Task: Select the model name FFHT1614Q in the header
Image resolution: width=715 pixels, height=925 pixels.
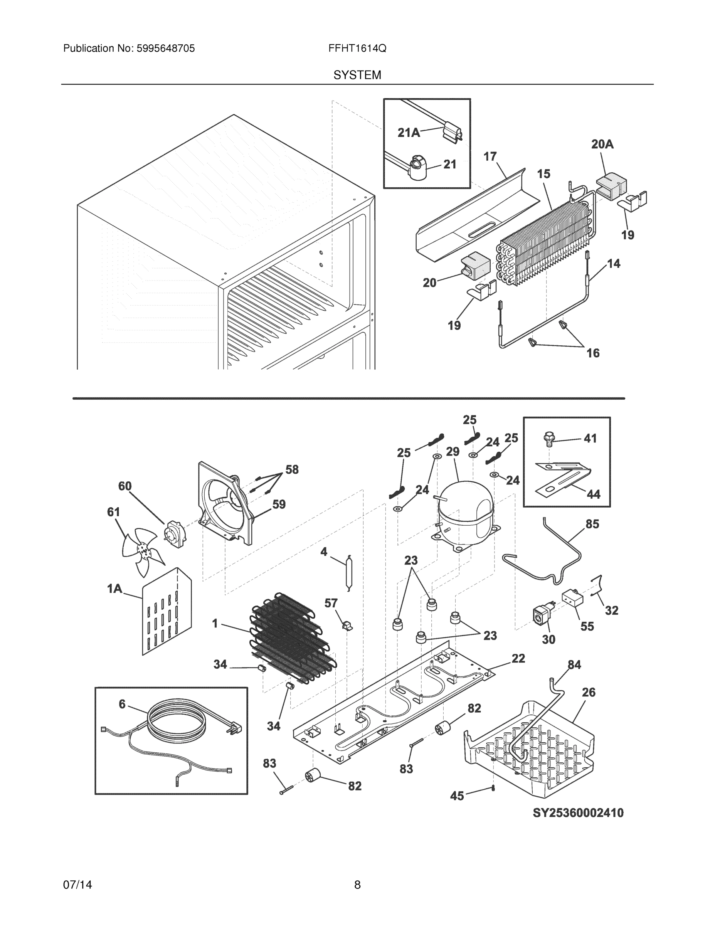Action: [x=357, y=49]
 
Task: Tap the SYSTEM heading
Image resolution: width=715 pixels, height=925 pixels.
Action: [x=357, y=75]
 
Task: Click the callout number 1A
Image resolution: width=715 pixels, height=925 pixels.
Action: [x=114, y=588]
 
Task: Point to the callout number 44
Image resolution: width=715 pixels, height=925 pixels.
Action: [x=594, y=494]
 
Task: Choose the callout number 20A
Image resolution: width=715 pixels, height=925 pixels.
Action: [x=602, y=145]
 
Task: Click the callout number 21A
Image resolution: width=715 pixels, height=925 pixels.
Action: [x=409, y=133]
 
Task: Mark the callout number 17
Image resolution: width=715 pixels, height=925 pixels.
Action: [x=490, y=157]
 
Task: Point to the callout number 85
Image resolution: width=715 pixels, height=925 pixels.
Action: [x=592, y=524]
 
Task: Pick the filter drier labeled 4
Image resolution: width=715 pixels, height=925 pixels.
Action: [x=348, y=572]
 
